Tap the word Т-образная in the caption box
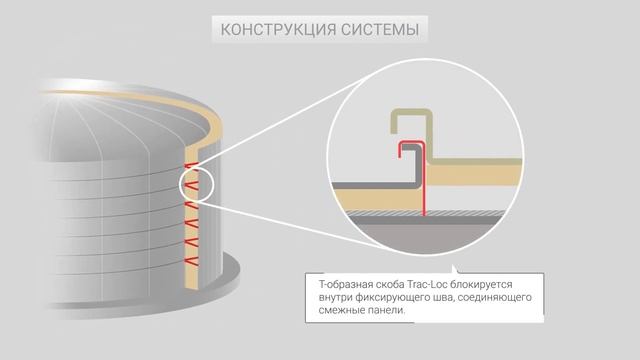click(337, 285)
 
